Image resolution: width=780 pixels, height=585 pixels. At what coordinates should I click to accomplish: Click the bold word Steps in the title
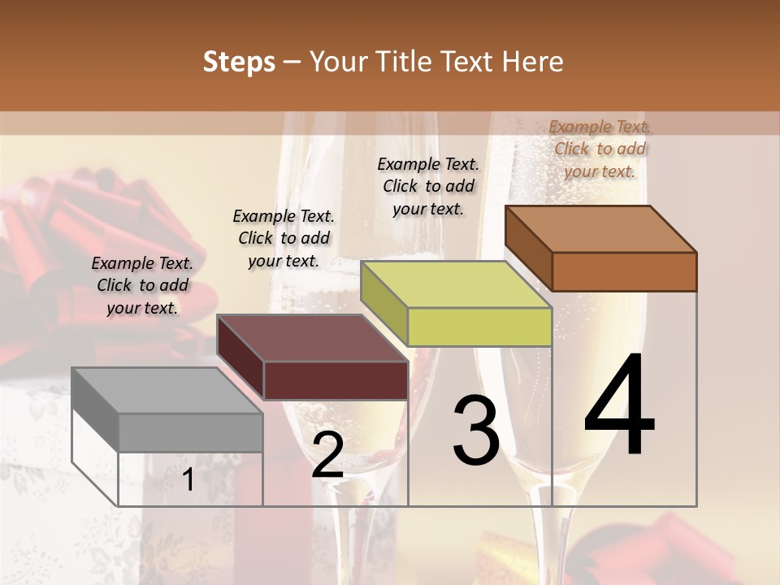[239, 62]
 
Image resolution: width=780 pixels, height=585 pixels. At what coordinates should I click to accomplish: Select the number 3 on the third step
[476, 431]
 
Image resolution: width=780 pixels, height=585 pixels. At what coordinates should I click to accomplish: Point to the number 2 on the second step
[327, 456]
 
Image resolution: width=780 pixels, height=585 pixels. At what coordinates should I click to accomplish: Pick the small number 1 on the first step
[188, 480]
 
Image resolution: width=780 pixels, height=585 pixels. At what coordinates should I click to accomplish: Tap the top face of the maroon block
[311, 338]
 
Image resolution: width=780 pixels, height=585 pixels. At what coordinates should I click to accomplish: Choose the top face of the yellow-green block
[455, 284]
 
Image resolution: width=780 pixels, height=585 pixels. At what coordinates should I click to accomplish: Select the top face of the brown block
[600, 228]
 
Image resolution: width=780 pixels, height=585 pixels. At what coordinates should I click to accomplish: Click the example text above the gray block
[142, 285]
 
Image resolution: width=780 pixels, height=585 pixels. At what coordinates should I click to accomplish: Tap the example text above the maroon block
[284, 238]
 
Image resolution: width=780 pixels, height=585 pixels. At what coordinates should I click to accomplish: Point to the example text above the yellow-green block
[428, 186]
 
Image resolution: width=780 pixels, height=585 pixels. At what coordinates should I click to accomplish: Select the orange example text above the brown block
[600, 149]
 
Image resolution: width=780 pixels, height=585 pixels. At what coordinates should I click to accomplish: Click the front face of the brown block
[624, 271]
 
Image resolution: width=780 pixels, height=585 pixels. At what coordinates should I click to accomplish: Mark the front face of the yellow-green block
[479, 327]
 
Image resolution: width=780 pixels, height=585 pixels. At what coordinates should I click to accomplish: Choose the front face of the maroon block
[336, 380]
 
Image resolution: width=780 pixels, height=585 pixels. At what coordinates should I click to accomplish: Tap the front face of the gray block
[191, 432]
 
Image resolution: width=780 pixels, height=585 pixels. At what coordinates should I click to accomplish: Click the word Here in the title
[533, 62]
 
